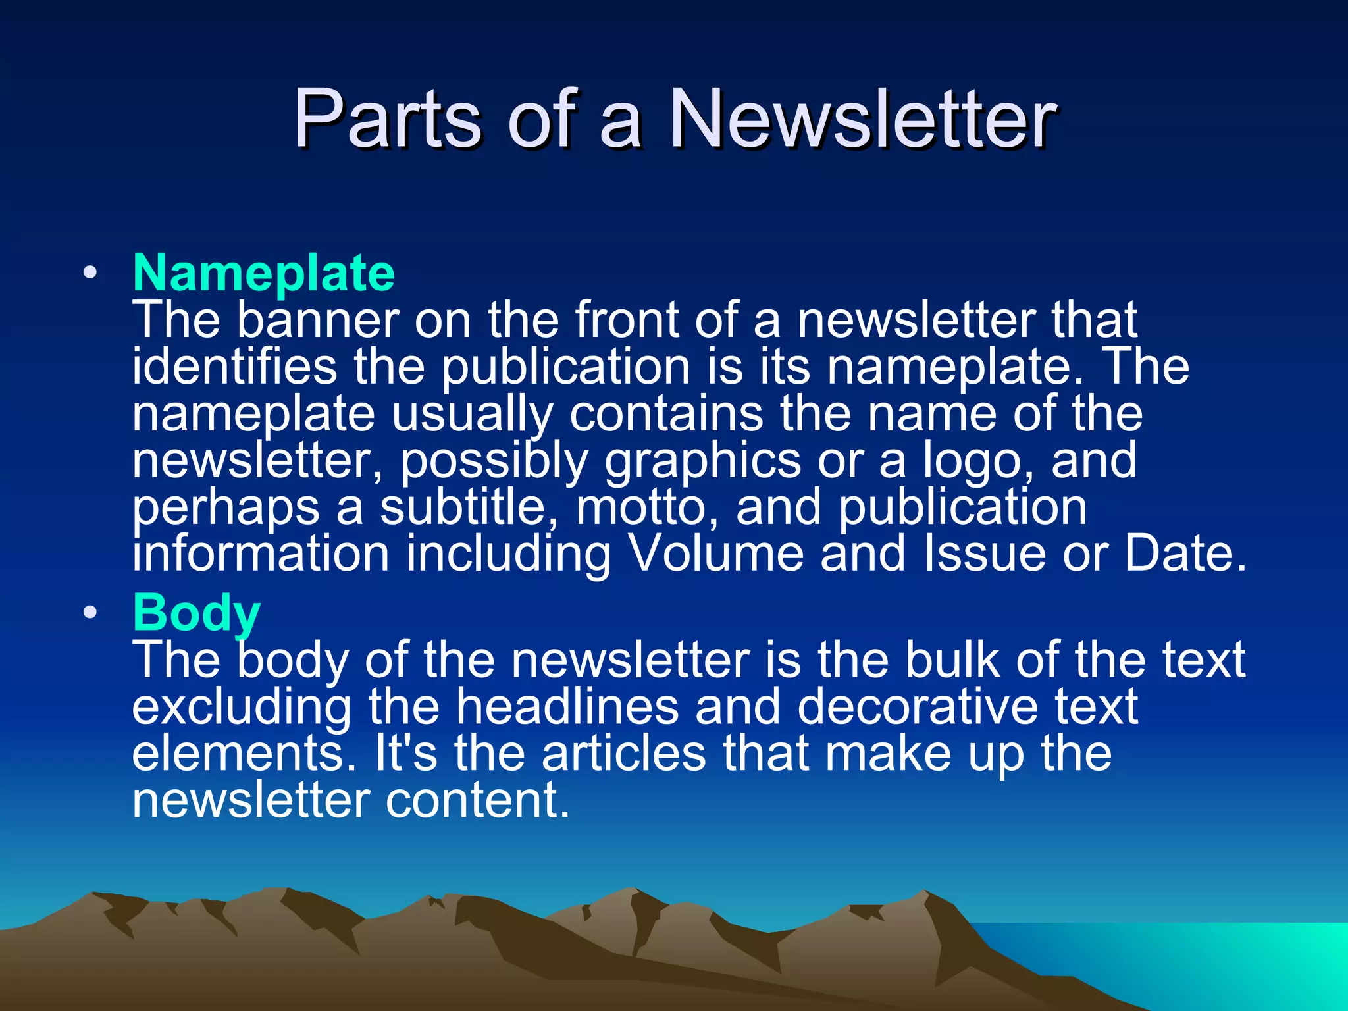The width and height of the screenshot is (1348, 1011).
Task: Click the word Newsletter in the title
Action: pyautogui.click(x=862, y=120)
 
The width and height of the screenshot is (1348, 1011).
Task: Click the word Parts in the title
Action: pyautogui.click(x=388, y=120)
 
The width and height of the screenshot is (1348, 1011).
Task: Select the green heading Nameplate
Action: pyautogui.click(x=263, y=272)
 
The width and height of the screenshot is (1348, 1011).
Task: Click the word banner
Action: pyautogui.click(x=318, y=321)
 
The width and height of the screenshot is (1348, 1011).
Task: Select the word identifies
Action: pyautogui.click(x=234, y=367)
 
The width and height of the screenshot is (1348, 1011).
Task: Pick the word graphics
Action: pyautogui.click(x=702, y=461)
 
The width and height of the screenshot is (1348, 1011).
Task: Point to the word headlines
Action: pyautogui.click(x=567, y=707)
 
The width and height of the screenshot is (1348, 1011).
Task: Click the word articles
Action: pyautogui.click(x=623, y=754)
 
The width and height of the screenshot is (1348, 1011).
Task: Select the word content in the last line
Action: pyautogui.click(x=477, y=800)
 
